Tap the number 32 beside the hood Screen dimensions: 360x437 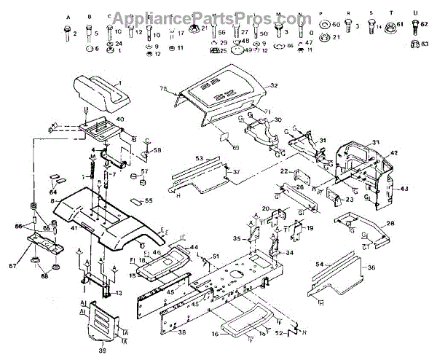point(275,85)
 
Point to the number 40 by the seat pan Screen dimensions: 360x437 point(119,119)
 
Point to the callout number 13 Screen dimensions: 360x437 point(119,293)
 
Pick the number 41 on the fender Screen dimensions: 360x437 point(74,228)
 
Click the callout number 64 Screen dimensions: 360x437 point(52,192)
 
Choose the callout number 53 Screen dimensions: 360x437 point(198,157)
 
